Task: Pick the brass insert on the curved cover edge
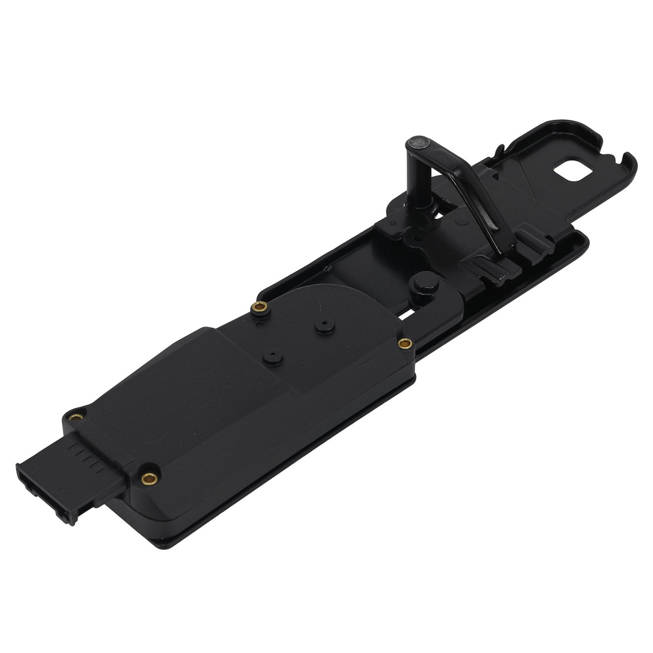click(260, 307)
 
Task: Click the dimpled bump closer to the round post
click(322, 325)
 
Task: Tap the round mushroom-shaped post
click(426, 282)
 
